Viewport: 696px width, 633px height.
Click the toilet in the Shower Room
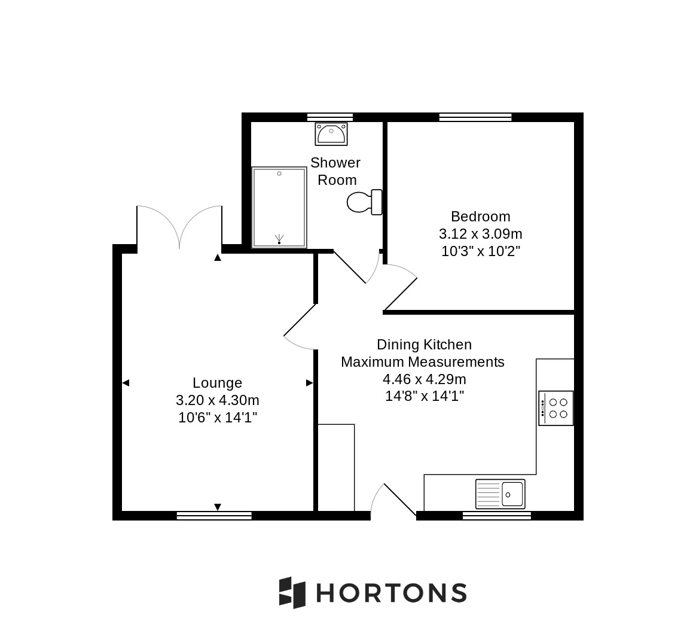364,202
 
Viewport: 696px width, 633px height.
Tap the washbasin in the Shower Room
331,134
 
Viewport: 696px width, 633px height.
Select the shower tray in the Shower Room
279,207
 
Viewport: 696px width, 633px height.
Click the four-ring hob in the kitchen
555,408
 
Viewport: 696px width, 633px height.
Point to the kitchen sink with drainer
500,494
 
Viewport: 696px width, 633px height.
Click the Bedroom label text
480,217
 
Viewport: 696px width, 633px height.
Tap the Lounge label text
218,383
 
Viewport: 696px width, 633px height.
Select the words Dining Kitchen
425,345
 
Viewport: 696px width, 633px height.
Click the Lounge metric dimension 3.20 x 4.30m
218,400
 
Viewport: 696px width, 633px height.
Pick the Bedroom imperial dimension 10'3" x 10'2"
481,251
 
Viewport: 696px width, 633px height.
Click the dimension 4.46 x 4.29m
425,379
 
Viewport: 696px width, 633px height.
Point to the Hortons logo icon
292,592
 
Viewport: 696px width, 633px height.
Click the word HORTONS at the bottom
392,593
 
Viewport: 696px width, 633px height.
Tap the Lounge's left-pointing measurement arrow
126,383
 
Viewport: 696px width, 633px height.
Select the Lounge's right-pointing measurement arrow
309,383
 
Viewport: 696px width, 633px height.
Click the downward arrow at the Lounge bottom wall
218,507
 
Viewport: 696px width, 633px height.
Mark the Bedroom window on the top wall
475,117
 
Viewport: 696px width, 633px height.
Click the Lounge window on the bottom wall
215,516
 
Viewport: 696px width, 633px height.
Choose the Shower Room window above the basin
330,117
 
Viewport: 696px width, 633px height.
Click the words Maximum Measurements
423,362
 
